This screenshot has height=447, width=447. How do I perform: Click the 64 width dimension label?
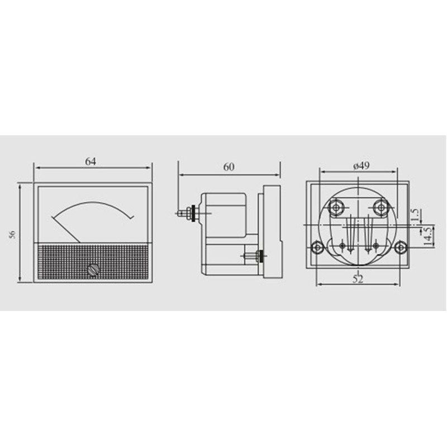[x=91, y=161]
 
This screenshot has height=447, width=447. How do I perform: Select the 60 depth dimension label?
[x=229, y=167]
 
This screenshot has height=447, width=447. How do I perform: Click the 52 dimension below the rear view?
[x=358, y=279]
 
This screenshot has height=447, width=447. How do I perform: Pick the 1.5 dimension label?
[x=414, y=215]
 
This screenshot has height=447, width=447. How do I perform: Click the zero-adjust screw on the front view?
[x=93, y=270]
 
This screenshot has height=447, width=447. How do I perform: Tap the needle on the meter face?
[x=66, y=229]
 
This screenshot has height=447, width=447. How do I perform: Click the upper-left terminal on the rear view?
[x=336, y=207]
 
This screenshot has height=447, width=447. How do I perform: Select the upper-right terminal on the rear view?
[x=381, y=207]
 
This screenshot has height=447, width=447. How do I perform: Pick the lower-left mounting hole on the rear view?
[x=317, y=247]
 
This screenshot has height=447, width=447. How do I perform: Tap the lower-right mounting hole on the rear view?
[x=400, y=247]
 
